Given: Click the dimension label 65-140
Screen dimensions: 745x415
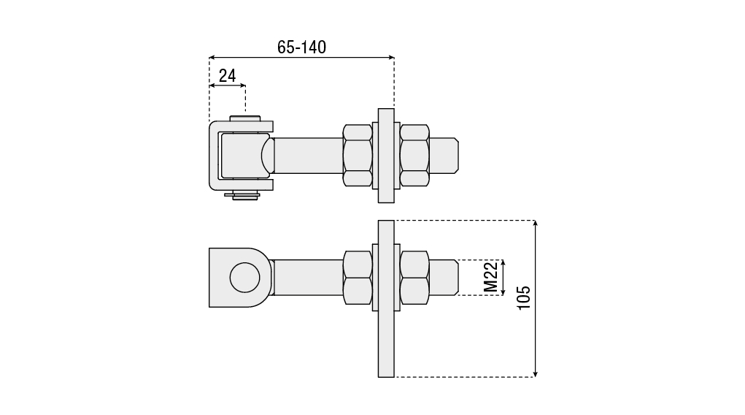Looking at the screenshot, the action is coord(301,47).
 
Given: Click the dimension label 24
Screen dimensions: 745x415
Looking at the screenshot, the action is coord(227,76).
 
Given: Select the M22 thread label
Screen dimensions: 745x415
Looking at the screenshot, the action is coord(491,278).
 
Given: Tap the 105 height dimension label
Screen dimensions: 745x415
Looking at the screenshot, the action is coord(524,298).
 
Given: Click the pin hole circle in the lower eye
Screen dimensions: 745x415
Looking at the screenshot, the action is coord(244,278).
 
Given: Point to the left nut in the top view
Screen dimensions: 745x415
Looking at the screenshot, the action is coord(358,156).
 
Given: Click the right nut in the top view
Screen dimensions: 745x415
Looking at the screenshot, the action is coord(414,156).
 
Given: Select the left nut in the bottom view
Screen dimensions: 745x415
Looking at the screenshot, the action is coord(358,278).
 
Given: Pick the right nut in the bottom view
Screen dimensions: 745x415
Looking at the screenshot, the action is coord(414,278).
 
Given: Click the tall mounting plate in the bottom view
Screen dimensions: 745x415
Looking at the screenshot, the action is coord(386,299).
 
